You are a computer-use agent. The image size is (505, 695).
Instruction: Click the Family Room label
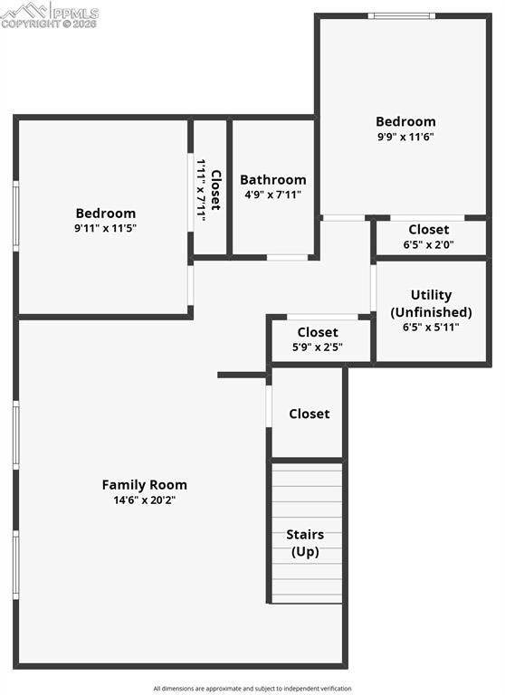tap(145, 484)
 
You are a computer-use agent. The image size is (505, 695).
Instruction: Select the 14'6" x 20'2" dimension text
tap(145, 500)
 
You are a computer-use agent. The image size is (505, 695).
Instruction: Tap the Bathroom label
tap(273, 179)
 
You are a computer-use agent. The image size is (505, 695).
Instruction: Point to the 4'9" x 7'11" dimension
tap(273, 195)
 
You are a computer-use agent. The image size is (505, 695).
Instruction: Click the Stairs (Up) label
tap(305, 543)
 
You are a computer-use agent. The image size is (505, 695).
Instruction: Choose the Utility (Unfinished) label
tap(431, 304)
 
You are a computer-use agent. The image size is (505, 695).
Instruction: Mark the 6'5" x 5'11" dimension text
tap(431, 327)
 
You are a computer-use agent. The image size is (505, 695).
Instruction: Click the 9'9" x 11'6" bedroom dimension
tap(405, 136)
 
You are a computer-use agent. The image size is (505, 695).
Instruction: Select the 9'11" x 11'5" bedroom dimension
tap(106, 228)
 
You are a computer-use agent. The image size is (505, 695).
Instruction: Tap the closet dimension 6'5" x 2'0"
tap(429, 244)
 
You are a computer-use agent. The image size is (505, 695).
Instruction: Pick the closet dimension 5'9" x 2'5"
tap(318, 347)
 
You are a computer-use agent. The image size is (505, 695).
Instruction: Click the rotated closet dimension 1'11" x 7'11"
tap(201, 190)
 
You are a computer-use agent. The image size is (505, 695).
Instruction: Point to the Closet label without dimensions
tap(310, 414)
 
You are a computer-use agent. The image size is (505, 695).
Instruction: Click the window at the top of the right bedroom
tap(402, 16)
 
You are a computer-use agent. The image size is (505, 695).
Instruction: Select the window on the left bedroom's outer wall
tap(16, 216)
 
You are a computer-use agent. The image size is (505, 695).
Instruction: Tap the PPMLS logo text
tap(76, 12)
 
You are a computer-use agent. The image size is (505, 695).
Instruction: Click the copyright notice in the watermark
tap(49, 24)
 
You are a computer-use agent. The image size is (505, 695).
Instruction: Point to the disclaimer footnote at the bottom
tap(252, 689)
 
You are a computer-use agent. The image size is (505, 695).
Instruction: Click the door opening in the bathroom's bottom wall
tap(287, 258)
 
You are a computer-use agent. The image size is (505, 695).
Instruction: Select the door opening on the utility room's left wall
tap(373, 288)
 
